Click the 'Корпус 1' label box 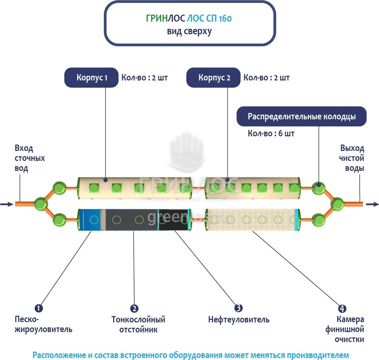pyautogui.click(x=92, y=78)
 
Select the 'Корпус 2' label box pyautogui.click(x=213, y=78)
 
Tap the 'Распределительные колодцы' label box pyautogui.click(x=301, y=117)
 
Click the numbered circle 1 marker pyautogui.click(x=39, y=308)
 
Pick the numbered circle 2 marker pyautogui.click(x=134, y=308)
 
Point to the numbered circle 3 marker pyautogui.click(x=238, y=308)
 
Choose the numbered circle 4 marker pyautogui.click(x=342, y=308)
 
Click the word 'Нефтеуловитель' pyautogui.click(x=239, y=320)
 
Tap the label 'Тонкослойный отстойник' pyautogui.click(x=138, y=324)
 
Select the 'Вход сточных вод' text pyautogui.click(x=29, y=158)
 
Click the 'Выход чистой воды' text pyautogui.click(x=352, y=158)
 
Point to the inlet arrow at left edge pyautogui.click(x=6, y=204)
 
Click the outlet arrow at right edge pyautogui.click(x=372, y=204)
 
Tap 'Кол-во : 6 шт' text pyautogui.click(x=271, y=134)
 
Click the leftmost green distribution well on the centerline pyautogui.click(x=41, y=203)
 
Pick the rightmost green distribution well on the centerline pyautogui.click(x=337, y=203)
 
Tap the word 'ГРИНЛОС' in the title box pyautogui.click(x=166, y=19)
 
